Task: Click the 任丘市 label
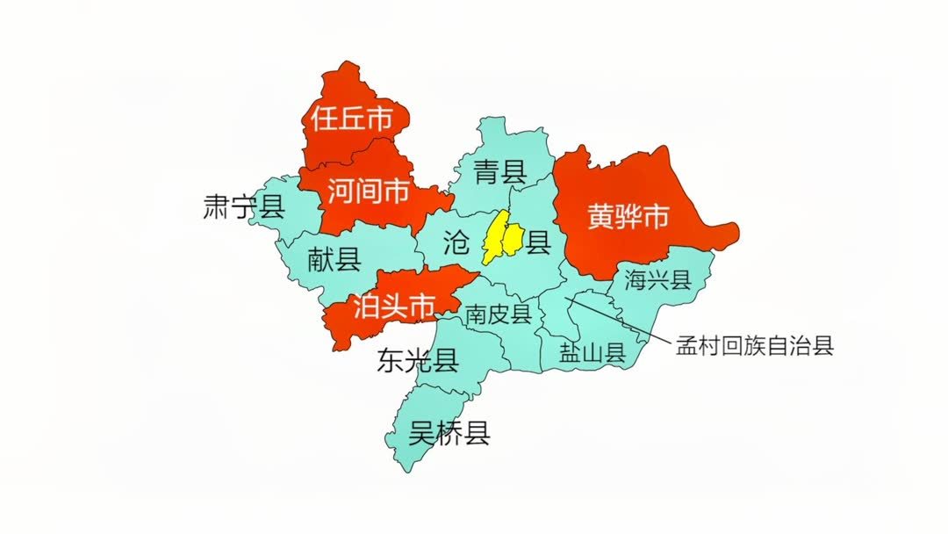(x=350, y=119)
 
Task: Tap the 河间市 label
(x=368, y=191)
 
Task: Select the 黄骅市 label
(x=628, y=217)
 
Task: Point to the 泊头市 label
(x=394, y=307)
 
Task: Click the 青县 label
(x=499, y=171)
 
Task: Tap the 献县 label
(x=334, y=259)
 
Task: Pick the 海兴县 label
(x=658, y=280)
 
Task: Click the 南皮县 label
(x=499, y=314)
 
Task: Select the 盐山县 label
(x=592, y=354)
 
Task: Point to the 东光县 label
(x=417, y=360)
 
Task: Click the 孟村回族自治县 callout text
(x=753, y=345)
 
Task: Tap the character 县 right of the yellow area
(x=538, y=241)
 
